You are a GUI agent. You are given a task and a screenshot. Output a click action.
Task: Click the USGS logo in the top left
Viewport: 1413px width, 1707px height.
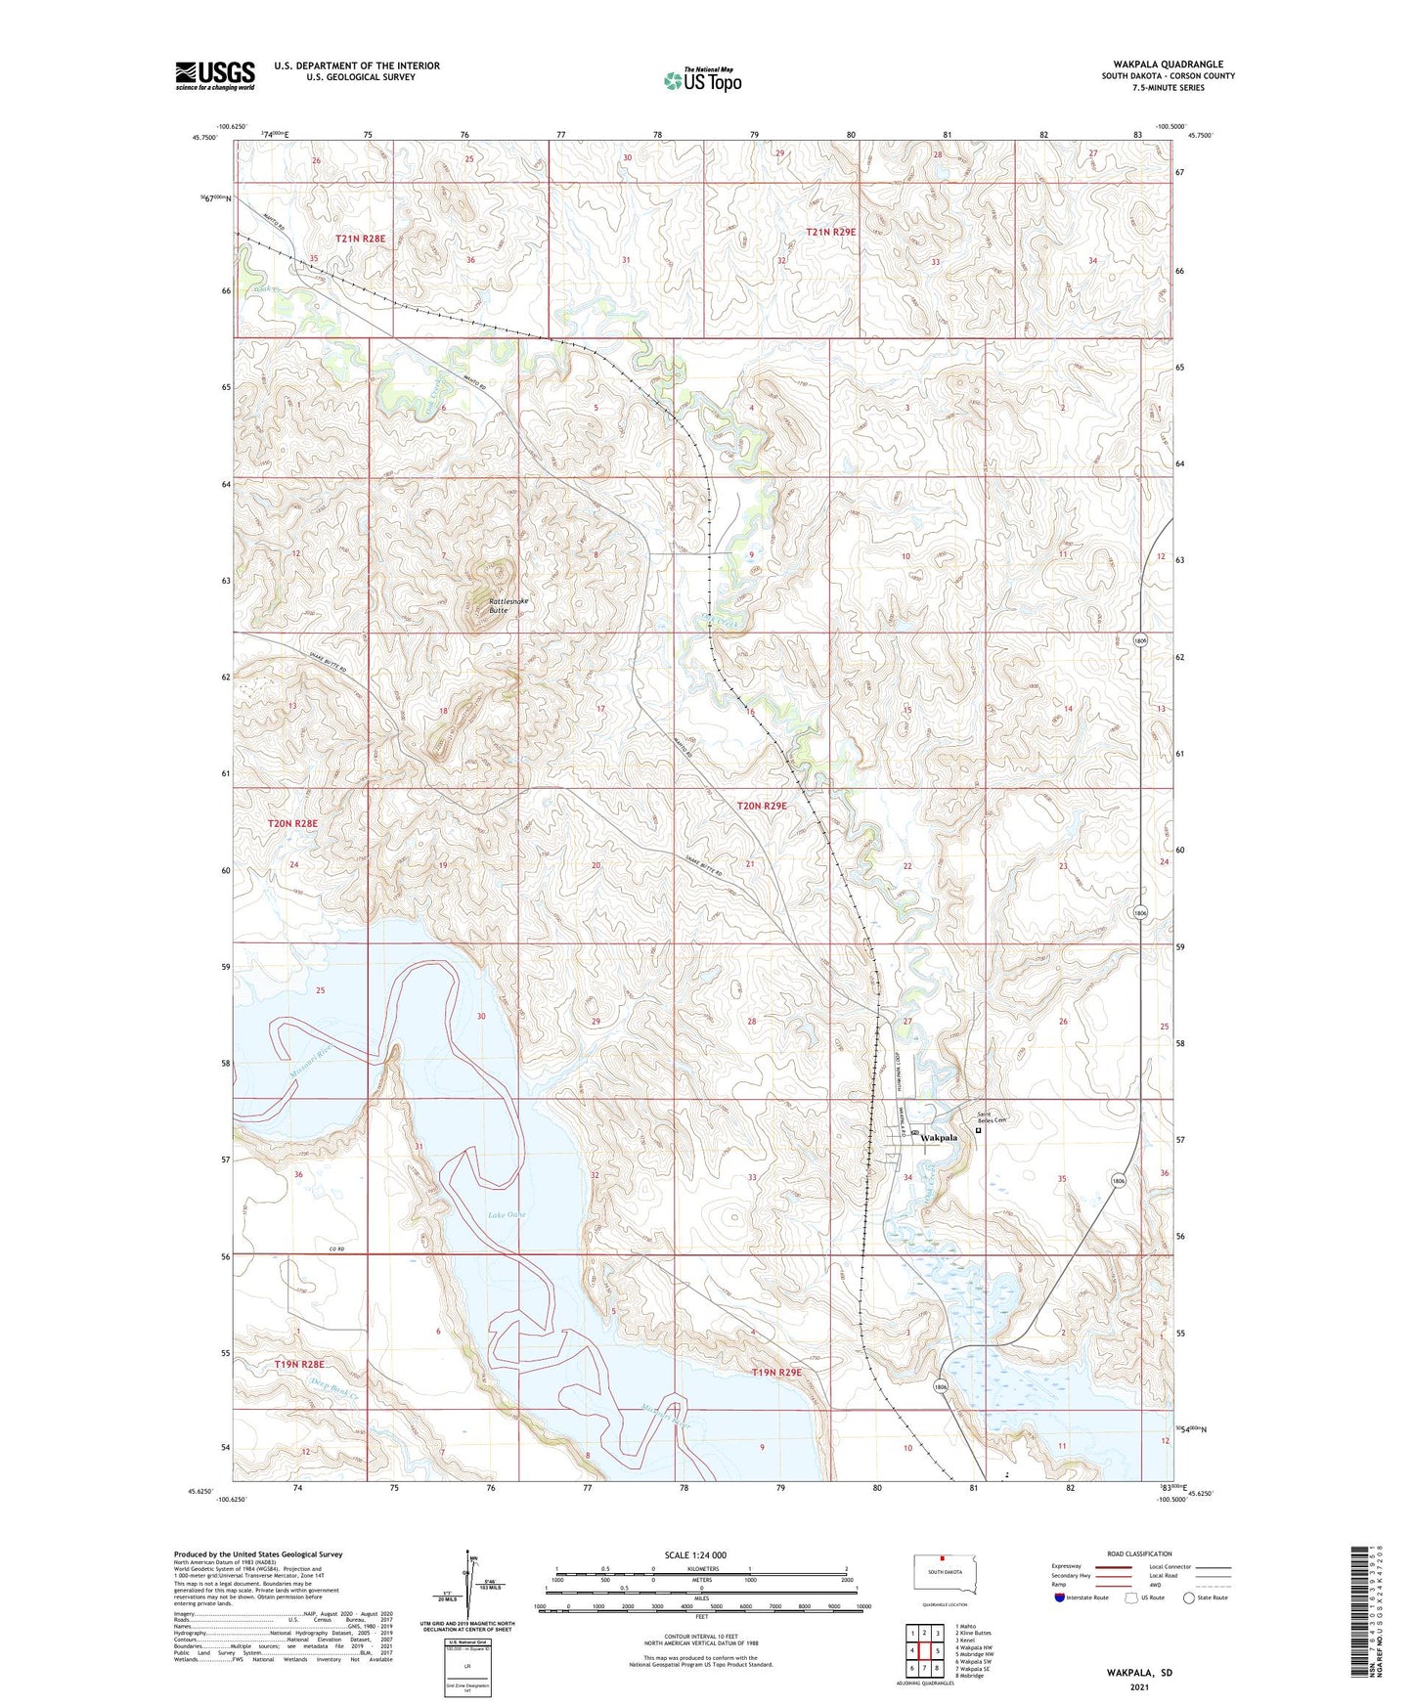(x=215, y=75)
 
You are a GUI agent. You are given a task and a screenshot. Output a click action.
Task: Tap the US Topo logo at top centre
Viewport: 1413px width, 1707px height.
(x=702, y=80)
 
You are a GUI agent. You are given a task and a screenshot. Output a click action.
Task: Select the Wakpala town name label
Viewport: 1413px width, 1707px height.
(x=939, y=1138)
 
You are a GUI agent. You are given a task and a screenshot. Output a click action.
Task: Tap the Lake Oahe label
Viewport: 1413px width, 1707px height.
(x=508, y=1215)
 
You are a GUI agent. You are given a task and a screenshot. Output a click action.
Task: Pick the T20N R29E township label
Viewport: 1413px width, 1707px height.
(x=762, y=806)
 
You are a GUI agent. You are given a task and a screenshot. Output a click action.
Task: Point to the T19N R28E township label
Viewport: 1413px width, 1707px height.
(x=298, y=1364)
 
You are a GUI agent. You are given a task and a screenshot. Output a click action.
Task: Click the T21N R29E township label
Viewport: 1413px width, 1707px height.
(x=830, y=232)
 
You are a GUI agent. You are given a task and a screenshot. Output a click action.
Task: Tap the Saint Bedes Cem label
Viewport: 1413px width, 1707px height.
(x=992, y=1119)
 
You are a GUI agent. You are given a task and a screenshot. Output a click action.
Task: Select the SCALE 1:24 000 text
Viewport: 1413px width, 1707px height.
(x=695, y=1555)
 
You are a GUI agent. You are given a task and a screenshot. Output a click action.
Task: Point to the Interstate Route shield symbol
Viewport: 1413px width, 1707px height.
(x=1061, y=1598)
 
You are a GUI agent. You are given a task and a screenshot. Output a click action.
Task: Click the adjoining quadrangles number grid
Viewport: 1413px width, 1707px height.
(x=924, y=1650)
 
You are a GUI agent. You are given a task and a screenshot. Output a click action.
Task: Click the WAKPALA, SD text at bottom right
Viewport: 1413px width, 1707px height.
(x=1139, y=1673)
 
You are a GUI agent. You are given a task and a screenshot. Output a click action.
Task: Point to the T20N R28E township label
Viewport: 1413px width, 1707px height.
(x=292, y=824)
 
